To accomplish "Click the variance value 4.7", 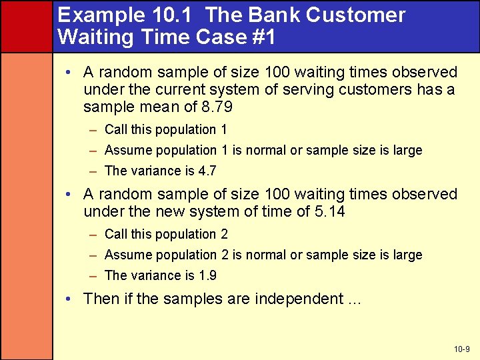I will tap(207, 171).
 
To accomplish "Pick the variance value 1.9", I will tap(207, 275).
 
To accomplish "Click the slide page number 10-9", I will tap(461, 349).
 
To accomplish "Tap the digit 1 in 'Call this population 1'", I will tap(223, 129).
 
